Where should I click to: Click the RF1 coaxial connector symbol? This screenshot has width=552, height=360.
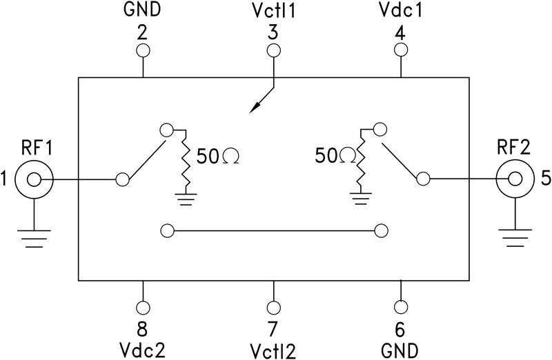tap(32, 180)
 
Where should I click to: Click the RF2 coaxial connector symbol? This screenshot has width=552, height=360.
tap(514, 180)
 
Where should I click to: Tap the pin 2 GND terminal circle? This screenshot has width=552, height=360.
tap(143, 50)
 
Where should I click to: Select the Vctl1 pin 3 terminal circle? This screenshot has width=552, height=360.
tap(274, 50)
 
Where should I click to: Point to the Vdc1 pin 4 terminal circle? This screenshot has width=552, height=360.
tap(401, 50)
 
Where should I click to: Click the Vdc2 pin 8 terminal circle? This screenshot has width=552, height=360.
tap(143, 307)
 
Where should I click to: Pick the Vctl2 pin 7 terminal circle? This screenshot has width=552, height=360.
tap(274, 307)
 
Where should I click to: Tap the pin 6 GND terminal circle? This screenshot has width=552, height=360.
tap(401, 307)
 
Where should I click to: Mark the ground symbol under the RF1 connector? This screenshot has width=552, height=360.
tap(32, 239)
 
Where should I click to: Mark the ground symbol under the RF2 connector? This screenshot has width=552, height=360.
tap(514, 239)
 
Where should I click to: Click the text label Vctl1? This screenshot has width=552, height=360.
tap(274, 12)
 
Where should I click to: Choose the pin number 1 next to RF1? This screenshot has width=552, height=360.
tap(6, 180)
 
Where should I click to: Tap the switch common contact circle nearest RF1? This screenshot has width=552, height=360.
tap(123, 180)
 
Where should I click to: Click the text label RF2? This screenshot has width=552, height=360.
tap(514, 147)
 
